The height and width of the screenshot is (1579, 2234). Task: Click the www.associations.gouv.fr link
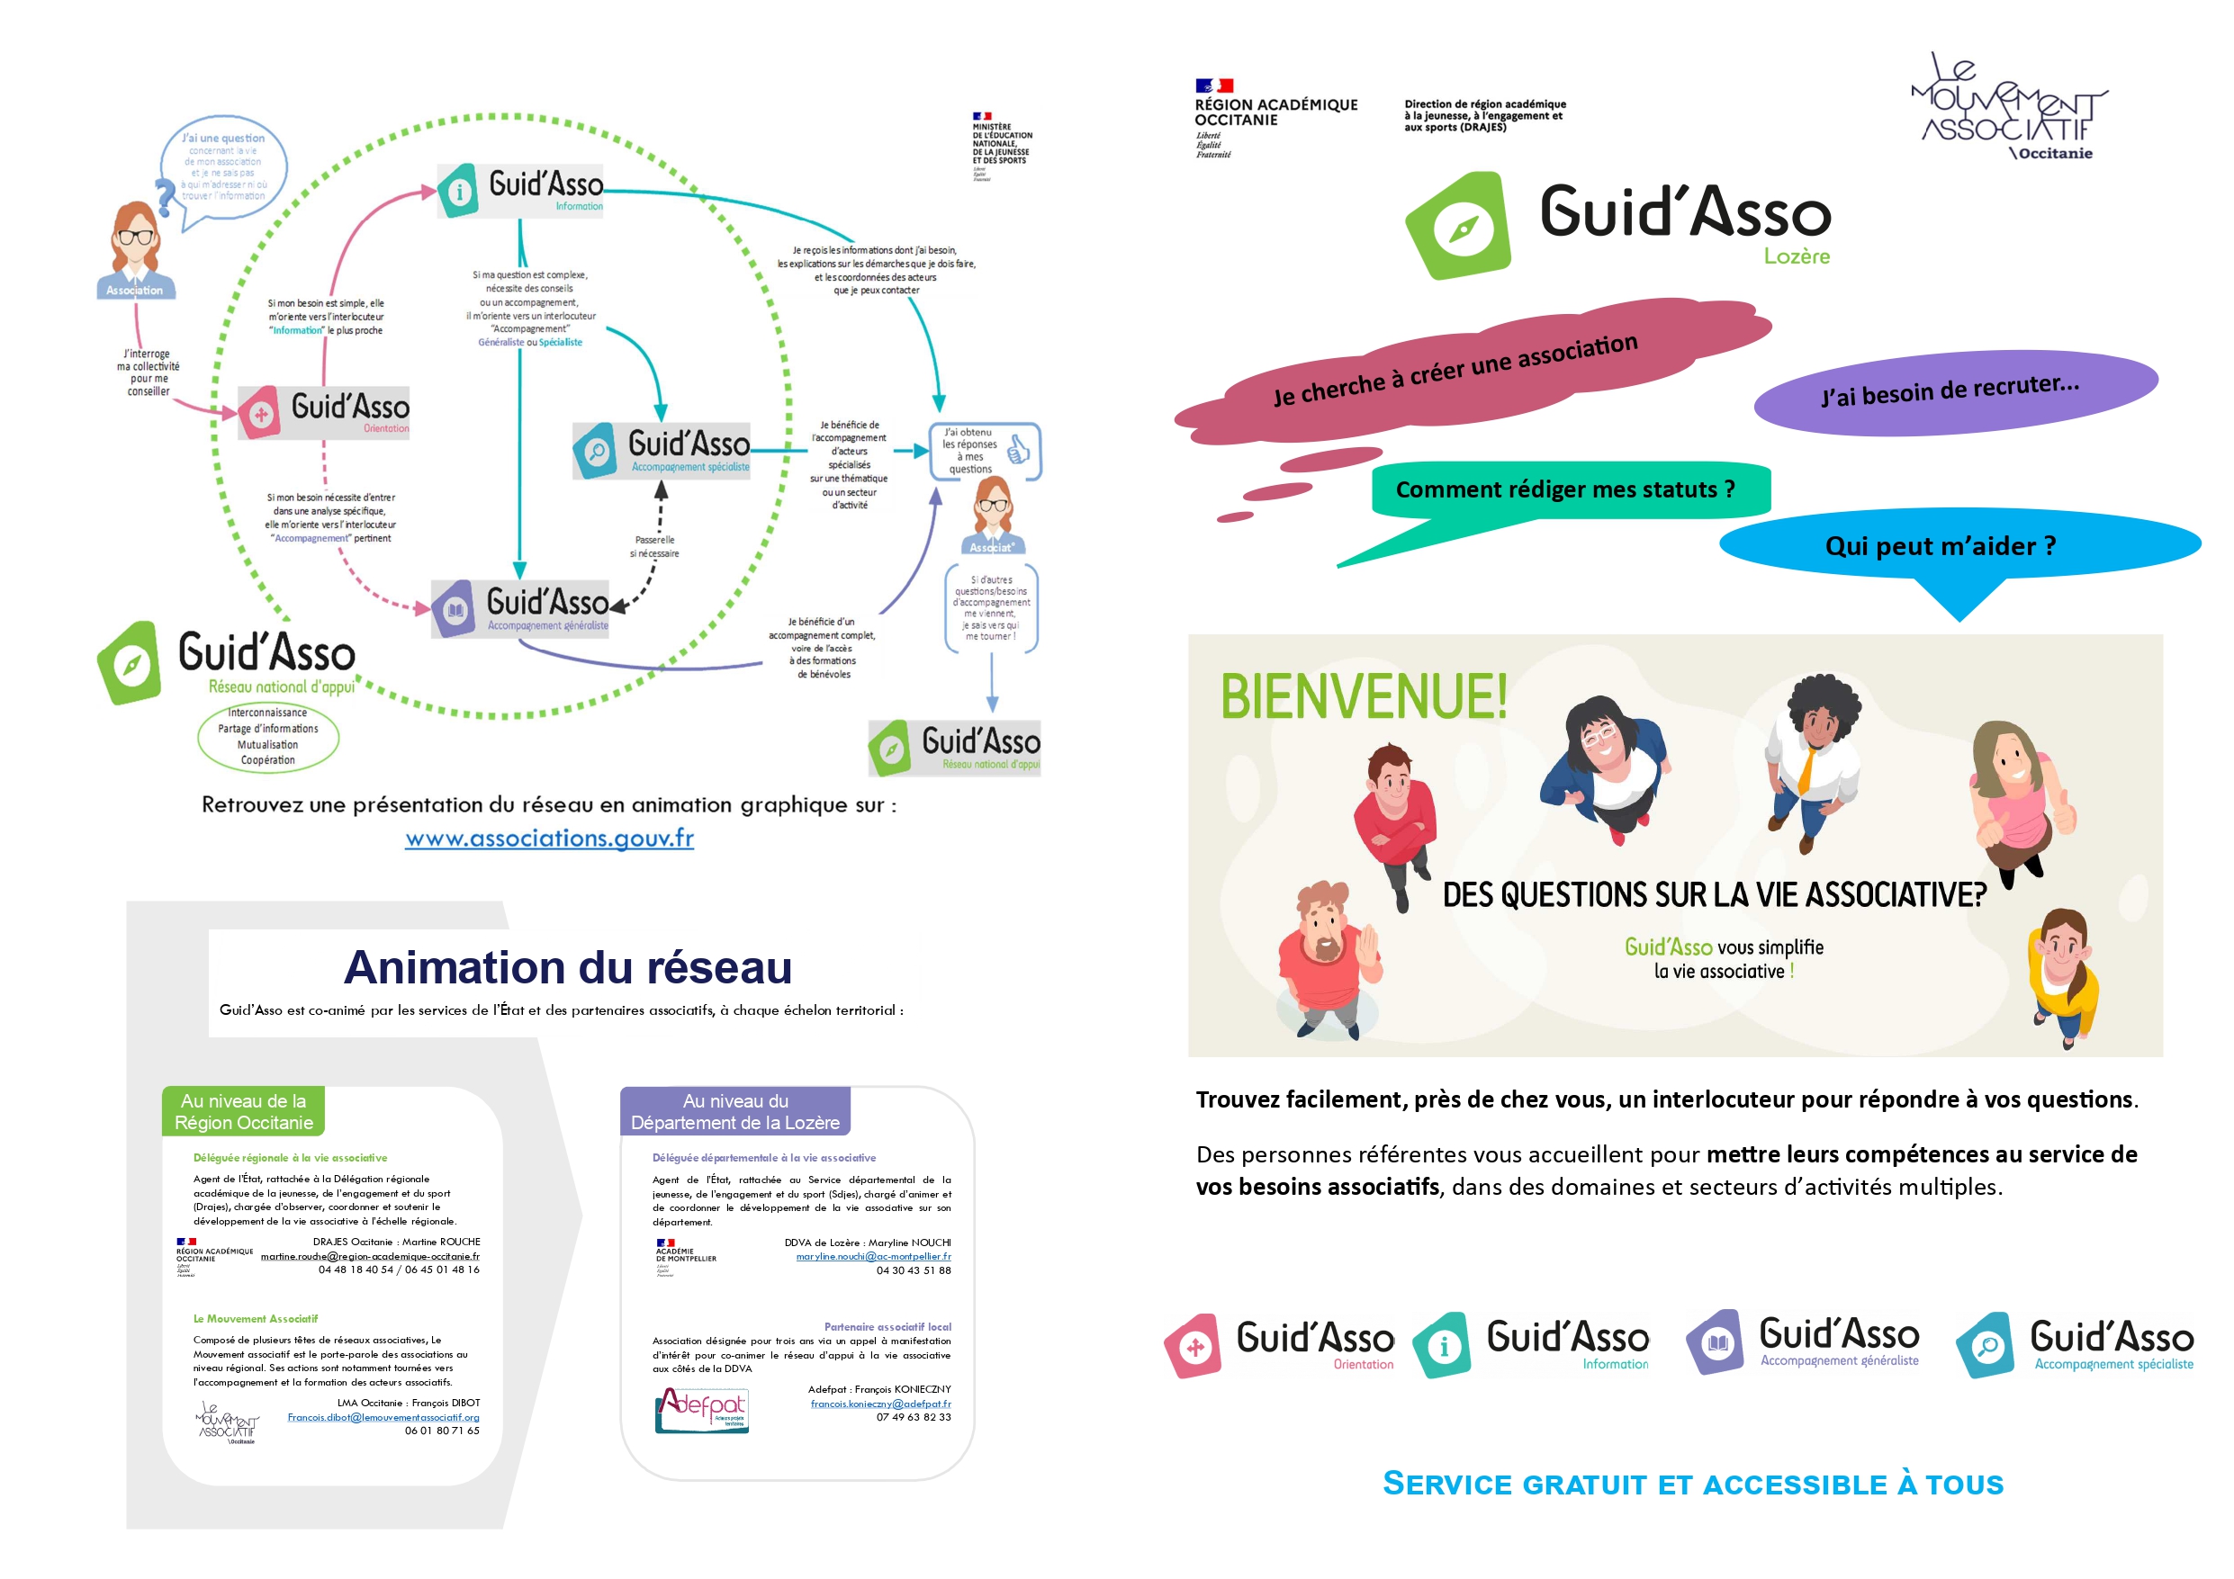tap(549, 838)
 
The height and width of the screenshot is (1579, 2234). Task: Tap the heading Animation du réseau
tap(567, 967)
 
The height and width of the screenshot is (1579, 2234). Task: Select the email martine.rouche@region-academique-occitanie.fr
tap(370, 1256)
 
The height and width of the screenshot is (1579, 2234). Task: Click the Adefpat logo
tap(701, 1410)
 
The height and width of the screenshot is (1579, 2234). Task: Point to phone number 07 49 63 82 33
tap(913, 1417)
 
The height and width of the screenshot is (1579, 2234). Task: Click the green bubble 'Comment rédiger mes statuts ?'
tap(1565, 489)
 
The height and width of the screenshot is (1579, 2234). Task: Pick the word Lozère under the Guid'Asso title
tap(1797, 256)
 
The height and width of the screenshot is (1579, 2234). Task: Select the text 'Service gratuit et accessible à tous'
tap(1693, 1484)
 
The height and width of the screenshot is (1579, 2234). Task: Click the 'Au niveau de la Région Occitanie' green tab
tap(243, 1111)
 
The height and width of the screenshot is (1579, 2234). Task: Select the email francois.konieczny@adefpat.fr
tap(879, 1404)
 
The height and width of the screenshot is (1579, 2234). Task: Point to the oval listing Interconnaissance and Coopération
tap(267, 737)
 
